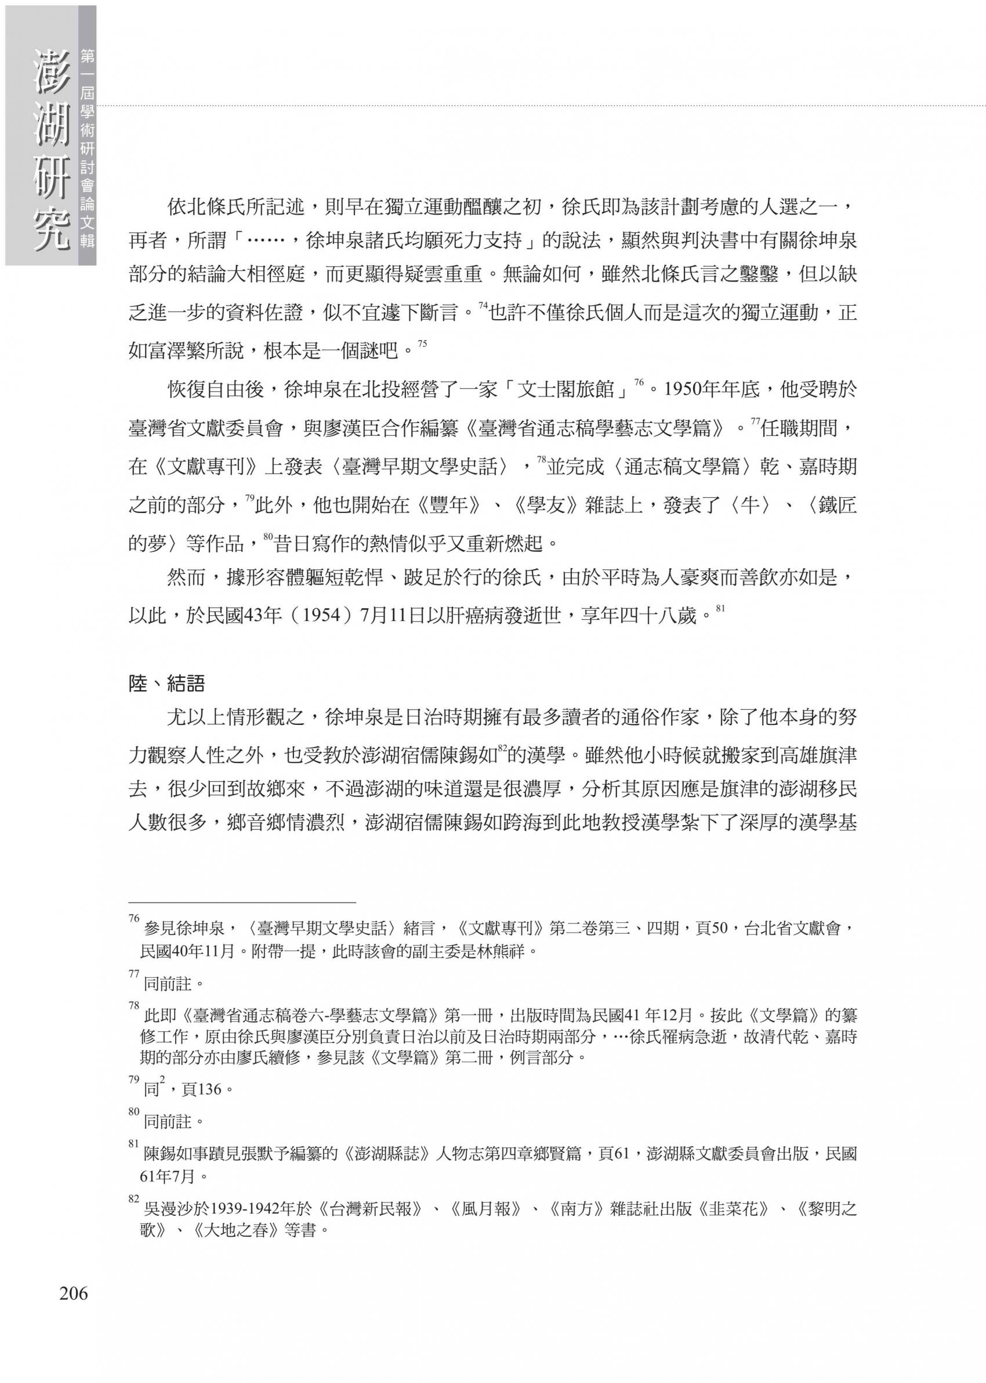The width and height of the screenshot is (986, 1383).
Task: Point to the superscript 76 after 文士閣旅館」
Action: click(x=639, y=382)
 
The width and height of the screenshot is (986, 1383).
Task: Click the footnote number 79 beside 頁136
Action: click(x=134, y=1079)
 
